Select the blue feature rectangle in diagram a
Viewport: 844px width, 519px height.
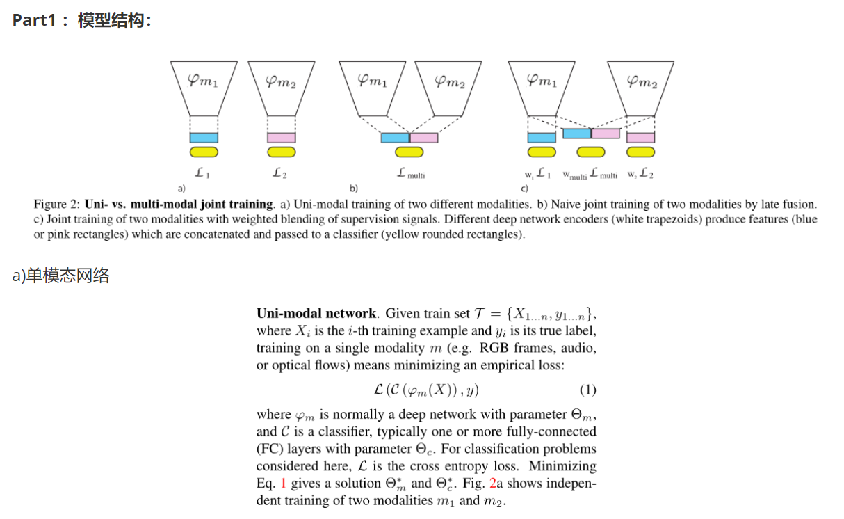[204, 138]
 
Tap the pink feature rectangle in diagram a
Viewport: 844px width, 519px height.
[281, 138]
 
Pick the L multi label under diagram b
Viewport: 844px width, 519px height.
[411, 175]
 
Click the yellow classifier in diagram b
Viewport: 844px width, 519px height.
[409, 152]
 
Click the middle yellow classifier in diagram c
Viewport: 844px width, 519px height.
[591, 152]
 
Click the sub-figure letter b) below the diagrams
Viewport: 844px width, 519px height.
[354, 189]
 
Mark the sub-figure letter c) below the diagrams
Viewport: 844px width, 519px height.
[524, 189]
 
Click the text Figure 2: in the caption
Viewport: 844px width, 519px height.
[57, 205]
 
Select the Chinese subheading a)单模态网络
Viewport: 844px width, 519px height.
[61, 276]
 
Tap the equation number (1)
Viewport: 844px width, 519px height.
[587, 390]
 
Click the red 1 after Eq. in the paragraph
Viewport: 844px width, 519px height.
[284, 484]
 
